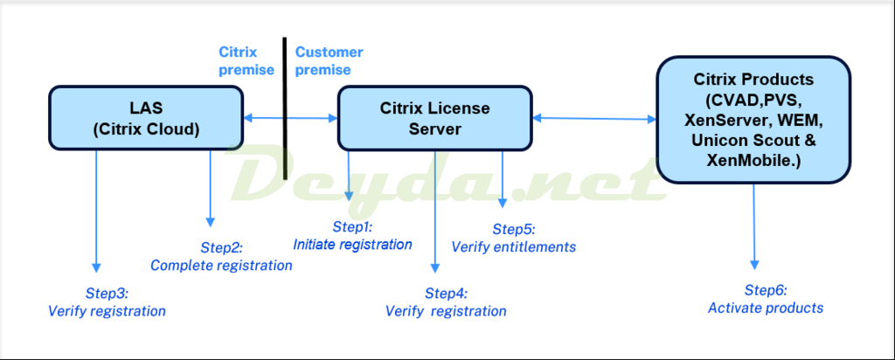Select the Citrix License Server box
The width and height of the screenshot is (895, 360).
tap(434, 118)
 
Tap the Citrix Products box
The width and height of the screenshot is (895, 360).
tap(754, 120)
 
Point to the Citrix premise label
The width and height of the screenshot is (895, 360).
tap(244, 61)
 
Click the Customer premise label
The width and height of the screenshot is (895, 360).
tap(329, 61)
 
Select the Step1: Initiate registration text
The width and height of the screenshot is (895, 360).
tap(352, 236)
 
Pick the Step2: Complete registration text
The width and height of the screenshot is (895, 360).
tap(221, 257)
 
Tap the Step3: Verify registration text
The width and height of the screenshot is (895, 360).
tap(107, 301)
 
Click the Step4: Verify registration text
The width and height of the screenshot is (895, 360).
tap(446, 301)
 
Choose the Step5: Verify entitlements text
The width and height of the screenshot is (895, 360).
tap(514, 238)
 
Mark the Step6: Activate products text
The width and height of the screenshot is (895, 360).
tap(766, 298)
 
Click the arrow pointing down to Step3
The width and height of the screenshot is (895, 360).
tap(96, 210)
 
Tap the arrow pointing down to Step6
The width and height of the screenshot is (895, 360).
tap(754, 227)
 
